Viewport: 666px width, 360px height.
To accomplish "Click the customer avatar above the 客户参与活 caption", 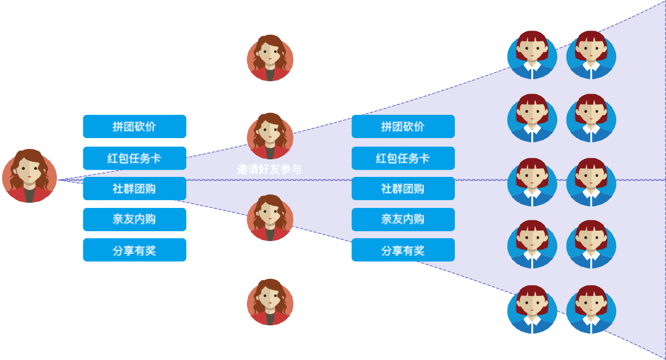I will point(29,176).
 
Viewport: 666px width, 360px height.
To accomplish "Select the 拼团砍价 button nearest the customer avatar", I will point(134,126).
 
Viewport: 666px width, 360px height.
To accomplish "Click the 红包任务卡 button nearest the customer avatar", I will point(134,158).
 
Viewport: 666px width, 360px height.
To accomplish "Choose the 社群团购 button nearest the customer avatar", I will point(134,188).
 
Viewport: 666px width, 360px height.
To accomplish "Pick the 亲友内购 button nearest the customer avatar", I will point(134,219).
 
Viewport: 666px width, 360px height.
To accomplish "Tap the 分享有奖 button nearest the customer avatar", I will point(134,250).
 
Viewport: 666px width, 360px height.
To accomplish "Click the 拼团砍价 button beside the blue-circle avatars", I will point(403,126).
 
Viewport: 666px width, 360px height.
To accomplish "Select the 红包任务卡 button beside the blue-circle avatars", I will point(403,158).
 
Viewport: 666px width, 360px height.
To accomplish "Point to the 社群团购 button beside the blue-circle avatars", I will point(403,188).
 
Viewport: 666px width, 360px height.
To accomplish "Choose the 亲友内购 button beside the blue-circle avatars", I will point(403,219).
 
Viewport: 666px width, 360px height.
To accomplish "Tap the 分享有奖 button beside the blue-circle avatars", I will point(403,250).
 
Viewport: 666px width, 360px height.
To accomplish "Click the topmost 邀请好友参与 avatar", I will point(270,58).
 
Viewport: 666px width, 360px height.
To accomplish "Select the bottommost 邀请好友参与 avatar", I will point(270,302).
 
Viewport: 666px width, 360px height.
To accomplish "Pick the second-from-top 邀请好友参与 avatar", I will point(270,136).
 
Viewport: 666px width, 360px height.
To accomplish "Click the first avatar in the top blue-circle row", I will point(532,55).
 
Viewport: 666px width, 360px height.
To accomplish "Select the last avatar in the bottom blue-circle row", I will point(591,309).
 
